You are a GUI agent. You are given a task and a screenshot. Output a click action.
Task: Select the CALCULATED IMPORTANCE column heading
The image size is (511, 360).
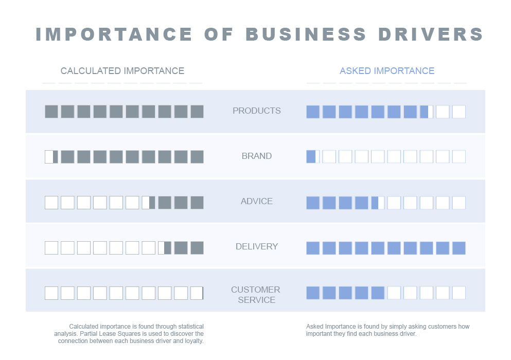coord(122,71)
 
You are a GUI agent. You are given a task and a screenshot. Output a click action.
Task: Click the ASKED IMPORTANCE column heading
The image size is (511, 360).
coord(387,71)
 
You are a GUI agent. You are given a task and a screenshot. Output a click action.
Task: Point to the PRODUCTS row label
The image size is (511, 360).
coord(256,111)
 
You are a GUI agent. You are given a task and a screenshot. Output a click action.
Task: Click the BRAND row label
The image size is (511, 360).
coord(256,156)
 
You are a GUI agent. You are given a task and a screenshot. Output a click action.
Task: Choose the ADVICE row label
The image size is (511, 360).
coord(256,201)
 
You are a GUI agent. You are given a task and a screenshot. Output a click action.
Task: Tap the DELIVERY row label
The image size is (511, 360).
coord(256,246)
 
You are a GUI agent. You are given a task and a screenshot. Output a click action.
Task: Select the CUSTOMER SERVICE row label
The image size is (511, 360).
coord(256,295)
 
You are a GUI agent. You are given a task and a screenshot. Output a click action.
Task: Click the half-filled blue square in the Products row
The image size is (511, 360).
coord(427,112)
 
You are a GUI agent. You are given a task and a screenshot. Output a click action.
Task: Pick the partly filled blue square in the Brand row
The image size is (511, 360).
coord(312,157)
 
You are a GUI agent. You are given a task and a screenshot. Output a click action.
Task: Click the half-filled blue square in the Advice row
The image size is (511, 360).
coord(378,203)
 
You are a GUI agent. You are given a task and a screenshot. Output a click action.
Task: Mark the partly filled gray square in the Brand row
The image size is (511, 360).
coord(51,157)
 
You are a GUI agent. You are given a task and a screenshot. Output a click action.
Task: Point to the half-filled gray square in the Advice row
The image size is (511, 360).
coord(148,203)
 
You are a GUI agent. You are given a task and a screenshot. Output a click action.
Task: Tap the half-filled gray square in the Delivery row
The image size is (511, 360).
coord(165,248)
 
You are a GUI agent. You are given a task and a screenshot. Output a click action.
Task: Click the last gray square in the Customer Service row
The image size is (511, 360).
coord(197,293)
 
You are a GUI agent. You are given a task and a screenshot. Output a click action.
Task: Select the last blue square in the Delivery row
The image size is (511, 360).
coord(459,248)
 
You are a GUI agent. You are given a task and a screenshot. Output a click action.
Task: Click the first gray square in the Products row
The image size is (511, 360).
coord(51,112)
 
